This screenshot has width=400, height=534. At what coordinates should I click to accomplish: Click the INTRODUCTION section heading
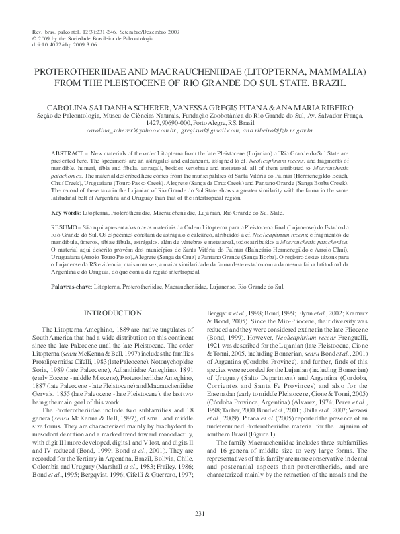(112, 313)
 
